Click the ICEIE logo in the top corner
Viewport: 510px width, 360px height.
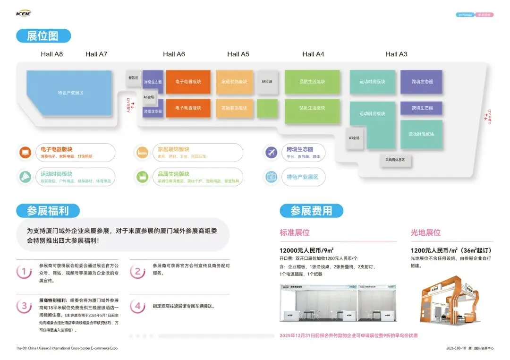(x=23, y=13)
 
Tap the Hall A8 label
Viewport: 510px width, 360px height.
(x=51, y=54)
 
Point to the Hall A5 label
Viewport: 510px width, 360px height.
(x=238, y=54)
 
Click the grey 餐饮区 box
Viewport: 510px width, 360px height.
(x=133, y=78)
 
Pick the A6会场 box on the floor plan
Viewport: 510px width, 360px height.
(x=149, y=97)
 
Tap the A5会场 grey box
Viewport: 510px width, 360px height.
(x=267, y=82)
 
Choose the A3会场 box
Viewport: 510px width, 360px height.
(x=354, y=138)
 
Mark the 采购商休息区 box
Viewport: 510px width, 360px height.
(x=395, y=160)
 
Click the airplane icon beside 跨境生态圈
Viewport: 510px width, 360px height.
(x=271, y=153)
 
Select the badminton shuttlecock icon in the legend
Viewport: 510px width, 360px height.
(x=25, y=177)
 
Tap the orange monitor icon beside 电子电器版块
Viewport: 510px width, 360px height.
(x=25, y=153)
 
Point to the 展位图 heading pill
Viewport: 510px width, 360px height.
(x=43, y=36)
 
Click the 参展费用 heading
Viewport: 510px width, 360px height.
(x=311, y=211)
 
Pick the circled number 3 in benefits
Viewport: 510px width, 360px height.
(x=24, y=306)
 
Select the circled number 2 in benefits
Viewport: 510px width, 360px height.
(x=137, y=271)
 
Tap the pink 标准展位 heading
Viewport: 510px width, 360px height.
(x=295, y=232)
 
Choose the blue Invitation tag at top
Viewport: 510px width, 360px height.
(x=465, y=15)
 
